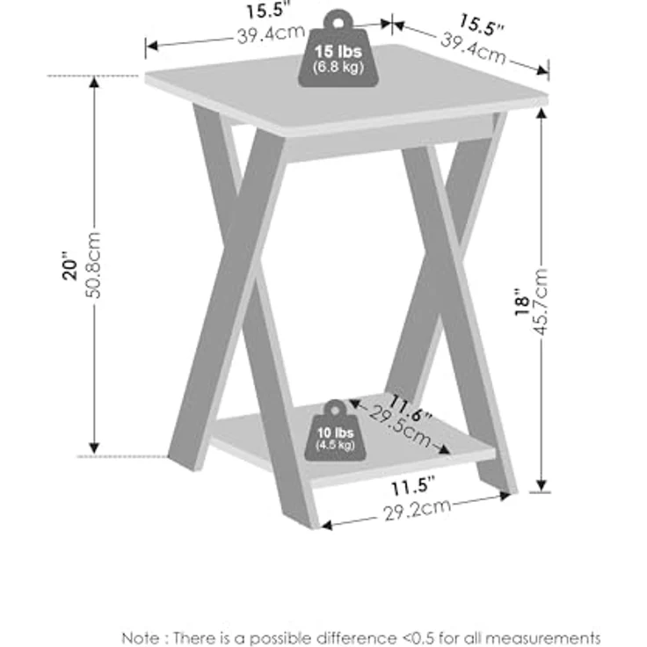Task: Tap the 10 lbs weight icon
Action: click(335, 431)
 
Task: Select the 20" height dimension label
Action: click(70, 265)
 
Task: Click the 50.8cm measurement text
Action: click(93, 265)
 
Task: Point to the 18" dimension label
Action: click(521, 302)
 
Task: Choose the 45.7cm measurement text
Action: click(540, 302)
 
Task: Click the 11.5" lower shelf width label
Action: click(412, 486)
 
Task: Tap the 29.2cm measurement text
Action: click(418, 510)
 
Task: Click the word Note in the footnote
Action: click(141, 637)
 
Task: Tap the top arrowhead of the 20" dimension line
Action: click(94, 82)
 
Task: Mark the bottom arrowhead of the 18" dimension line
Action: click(542, 485)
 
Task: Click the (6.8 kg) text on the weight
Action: click(338, 67)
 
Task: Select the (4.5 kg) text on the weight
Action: click(335, 445)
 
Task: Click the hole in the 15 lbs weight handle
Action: click(338, 23)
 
